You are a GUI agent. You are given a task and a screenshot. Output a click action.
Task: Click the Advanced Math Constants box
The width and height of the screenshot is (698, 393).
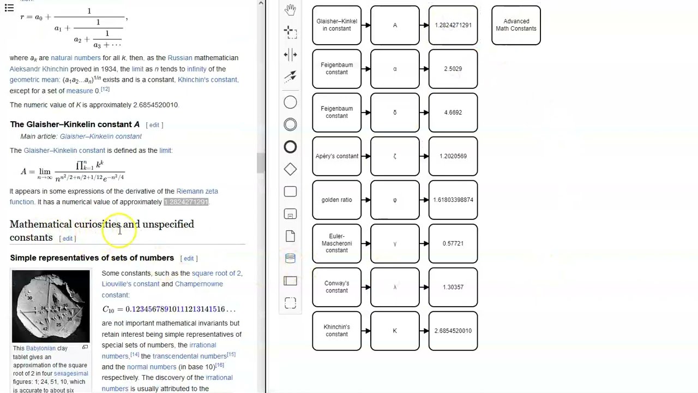(x=516, y=25)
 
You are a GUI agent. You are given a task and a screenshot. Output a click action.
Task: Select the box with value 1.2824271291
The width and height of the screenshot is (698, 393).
(x=453, y=25)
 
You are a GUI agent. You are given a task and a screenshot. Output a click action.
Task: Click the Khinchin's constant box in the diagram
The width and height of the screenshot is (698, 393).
(x=336, y=331)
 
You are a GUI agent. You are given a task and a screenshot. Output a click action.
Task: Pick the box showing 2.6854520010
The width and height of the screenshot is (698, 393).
(x=453, y=331)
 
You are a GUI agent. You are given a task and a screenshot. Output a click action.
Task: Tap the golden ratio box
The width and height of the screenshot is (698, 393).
(x=336, y=200)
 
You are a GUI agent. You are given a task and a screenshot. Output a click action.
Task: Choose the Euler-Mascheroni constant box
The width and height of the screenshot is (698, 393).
(x=336, y=243)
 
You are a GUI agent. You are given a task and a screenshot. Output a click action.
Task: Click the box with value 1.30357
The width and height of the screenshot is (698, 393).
(x=453, y=287)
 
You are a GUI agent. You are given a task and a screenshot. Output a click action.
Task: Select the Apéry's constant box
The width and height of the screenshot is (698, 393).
(x=336, y=156)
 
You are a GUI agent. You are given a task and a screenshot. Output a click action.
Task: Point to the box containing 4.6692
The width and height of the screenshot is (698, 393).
(x=453, y=112)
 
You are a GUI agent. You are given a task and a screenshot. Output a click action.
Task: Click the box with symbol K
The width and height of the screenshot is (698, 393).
(x=395, y=331)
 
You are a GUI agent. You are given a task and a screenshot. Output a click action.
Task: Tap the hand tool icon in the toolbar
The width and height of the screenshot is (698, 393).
(x=290, y=10)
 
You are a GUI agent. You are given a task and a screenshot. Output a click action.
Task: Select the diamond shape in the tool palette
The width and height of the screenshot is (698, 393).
(x=290, y=169)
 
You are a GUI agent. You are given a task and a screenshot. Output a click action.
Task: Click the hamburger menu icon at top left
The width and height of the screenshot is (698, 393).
(x=9, y=8)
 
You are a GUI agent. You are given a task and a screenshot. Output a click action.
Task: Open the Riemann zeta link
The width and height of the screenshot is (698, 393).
(x=197, y=191)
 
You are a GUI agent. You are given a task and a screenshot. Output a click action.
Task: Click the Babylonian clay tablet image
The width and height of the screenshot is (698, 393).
(x=51, y=306)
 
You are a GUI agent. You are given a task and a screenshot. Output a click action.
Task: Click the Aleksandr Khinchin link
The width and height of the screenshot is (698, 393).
(x=39, y=69)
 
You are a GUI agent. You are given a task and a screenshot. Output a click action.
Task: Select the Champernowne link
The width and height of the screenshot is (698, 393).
(x=198, y=284)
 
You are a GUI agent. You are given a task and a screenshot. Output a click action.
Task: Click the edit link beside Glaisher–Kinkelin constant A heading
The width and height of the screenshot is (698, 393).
(x=154, y=125)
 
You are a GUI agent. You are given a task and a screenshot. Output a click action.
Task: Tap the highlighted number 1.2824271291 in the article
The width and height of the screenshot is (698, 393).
(x=186, y=202)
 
